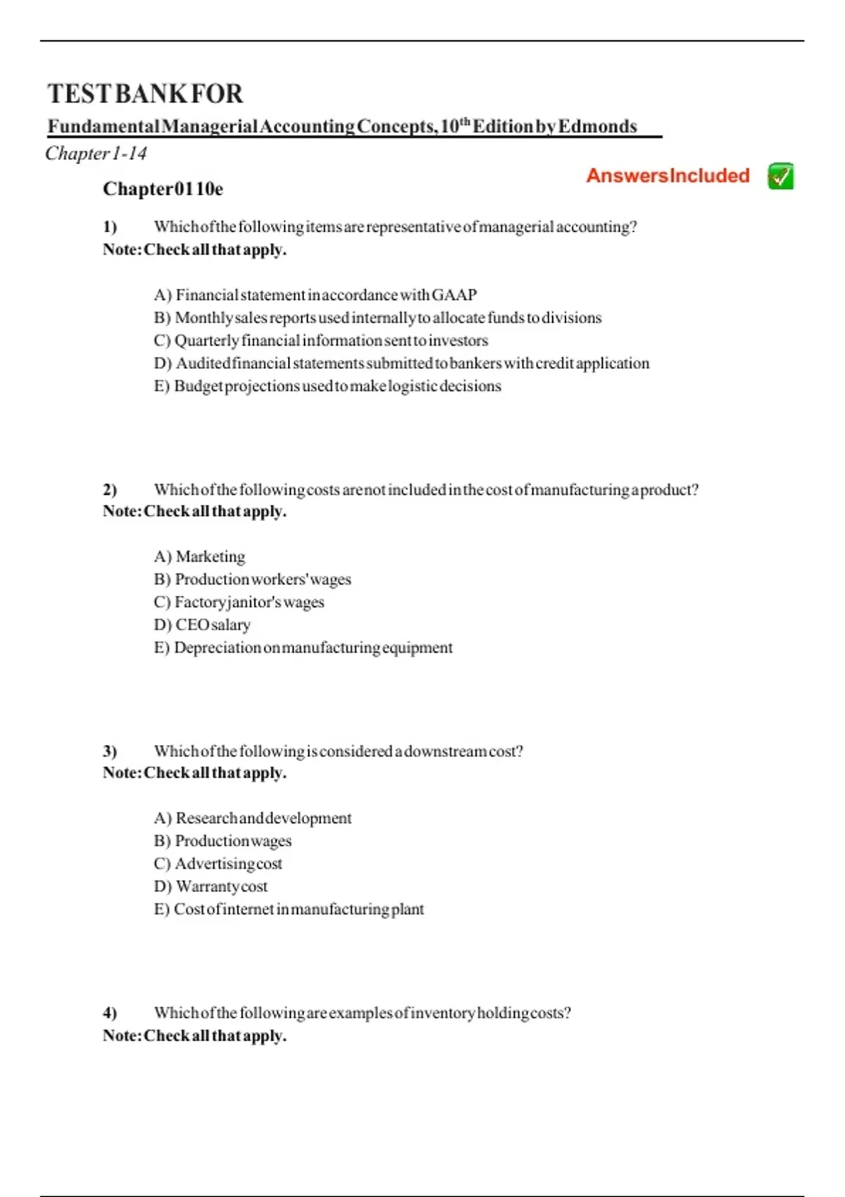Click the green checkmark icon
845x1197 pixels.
[780, 176]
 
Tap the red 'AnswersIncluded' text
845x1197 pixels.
[668, 176]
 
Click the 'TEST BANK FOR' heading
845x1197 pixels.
[145, 94]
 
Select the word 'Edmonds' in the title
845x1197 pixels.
[597, 127]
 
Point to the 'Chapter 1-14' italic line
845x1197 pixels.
[96, 153]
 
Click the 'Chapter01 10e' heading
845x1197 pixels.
[163, 189]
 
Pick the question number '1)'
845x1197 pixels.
[110, 227]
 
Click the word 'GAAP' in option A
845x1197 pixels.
[454, 294]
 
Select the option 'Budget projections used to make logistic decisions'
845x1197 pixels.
[327, 386]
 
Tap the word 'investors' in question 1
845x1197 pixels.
[458, 340]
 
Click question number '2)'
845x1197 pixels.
[110, 489]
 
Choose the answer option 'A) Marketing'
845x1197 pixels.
[199, 556]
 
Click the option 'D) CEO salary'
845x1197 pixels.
[202, 625]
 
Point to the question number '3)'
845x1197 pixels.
[110, 751]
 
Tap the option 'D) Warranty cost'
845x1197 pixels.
[211, 886]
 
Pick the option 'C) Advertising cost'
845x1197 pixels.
[218, 863]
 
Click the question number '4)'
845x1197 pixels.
[110, 1013]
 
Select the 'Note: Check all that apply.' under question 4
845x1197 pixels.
[194, 1036]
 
